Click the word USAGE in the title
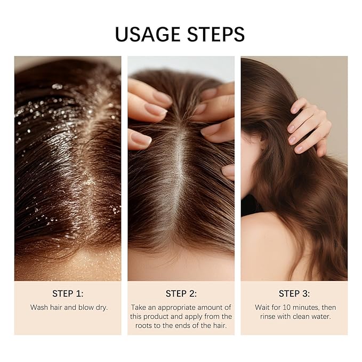[x=147, y=34]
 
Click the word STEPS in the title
[x=213, y=34]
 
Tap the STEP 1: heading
[x=68, y=293]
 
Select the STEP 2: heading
[x=181, y=293]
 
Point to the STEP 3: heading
[x=294, y=293]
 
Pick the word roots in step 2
[x=156, y=325]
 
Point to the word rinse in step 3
[x=269, y=316]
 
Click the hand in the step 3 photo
[x=308, y=123]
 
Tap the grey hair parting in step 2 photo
[x=179, y=176]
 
